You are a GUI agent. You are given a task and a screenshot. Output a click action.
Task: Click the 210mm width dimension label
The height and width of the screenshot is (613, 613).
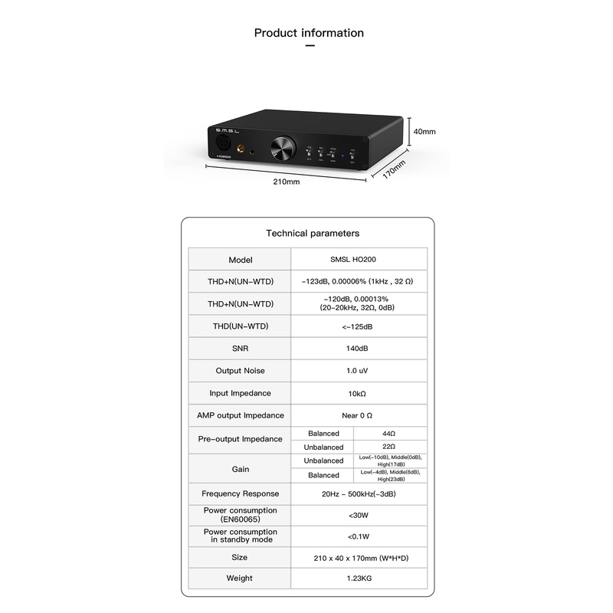[x=287, y=182]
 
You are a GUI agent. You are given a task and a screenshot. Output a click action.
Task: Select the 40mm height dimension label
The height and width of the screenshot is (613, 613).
[x=424, y=132]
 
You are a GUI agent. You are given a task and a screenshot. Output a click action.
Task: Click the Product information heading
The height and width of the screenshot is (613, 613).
[x=309, y=33]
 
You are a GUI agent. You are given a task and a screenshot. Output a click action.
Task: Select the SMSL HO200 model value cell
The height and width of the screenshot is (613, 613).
[x=359, y=260]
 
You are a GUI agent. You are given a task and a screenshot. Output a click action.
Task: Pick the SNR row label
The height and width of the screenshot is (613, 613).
[x=240, y=349]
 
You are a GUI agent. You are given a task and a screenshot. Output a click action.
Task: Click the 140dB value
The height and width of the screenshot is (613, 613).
[x=359, y=349]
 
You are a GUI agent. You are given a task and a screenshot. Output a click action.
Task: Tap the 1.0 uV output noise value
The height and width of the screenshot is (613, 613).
[x=359, y=371]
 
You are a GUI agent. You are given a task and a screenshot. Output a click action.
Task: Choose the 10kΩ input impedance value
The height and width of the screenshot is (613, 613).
[x=359, y=393]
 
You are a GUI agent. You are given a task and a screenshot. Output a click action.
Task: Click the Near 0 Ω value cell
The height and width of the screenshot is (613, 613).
[x=359, y=415]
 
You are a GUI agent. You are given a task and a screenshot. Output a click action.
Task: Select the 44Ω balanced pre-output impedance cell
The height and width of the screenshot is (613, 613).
[x=390, y=434]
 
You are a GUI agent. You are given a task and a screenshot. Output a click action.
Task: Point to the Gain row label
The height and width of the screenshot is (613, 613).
[x=240, y=468]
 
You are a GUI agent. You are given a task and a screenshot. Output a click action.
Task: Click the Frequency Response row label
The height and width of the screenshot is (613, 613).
[x=240, y=493]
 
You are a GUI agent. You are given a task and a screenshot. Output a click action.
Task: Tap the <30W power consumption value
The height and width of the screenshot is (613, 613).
[x=359, y=515]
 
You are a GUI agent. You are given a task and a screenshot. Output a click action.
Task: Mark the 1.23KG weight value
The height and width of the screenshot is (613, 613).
[x=359, y=578]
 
